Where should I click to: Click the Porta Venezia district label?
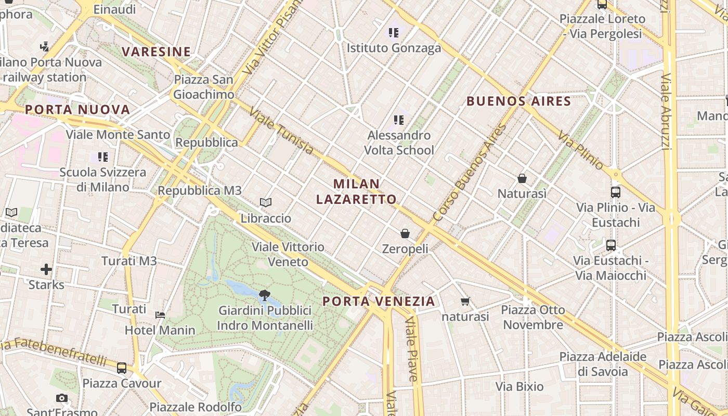tap(379, 301)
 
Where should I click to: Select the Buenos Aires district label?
tap(518, 101)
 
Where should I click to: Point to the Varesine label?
tap(157, 51)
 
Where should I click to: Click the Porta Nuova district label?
tap(77, 110)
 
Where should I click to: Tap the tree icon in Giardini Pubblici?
tap(265, 295)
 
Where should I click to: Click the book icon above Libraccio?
tap(266, 202)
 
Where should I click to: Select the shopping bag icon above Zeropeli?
tap(405, 233)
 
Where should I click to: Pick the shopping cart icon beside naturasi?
tap(465, 301)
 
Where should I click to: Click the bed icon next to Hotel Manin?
tap(160, 315)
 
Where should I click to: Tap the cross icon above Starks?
tap(46, 269)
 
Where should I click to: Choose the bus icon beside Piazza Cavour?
tap(122, 368)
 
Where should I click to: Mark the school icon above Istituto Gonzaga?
tap(394, 33)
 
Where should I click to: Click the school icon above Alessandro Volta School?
tap(399, 120)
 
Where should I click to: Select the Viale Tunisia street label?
tap(281, 131)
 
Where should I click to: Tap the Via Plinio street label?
tap(581, 151)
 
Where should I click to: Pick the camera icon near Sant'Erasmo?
tap(62, 398)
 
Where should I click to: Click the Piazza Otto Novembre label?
tap(533, 317)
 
